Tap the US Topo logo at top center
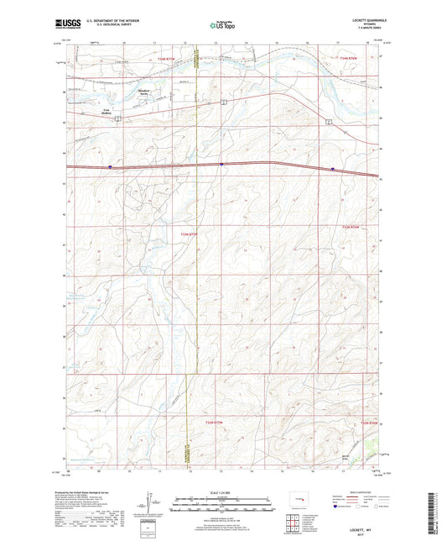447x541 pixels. [222, 26]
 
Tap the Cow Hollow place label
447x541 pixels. [106, 110]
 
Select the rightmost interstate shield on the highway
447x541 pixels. [332, 169]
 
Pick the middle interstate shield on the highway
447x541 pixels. [221, 165]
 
